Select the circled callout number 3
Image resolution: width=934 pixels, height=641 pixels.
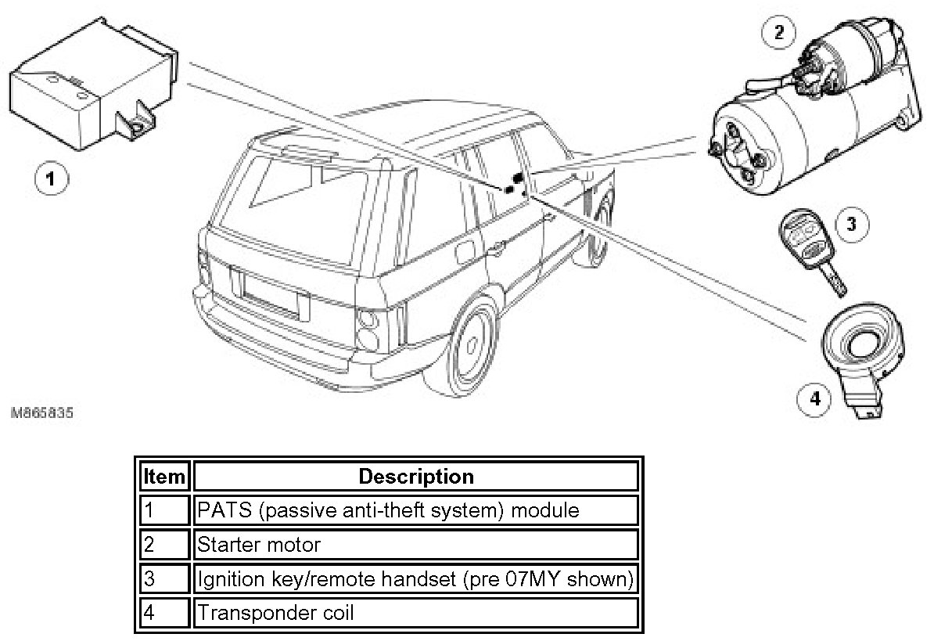[851, 225]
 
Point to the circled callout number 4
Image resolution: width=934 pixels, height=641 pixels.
[815, 399]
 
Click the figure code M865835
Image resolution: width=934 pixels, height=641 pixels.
[43, 412]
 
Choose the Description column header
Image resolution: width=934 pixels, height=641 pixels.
[415, 476]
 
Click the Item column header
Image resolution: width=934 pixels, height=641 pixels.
[164, 476]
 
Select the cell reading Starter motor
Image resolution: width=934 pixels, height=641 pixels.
[415, 544]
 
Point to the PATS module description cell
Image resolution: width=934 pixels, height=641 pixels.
[415, 510]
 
